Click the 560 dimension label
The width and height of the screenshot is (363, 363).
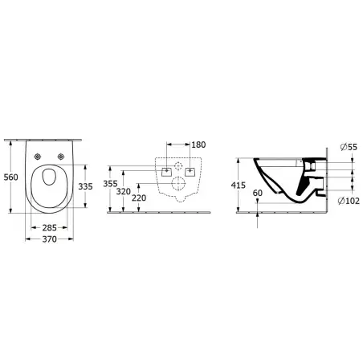pos(10,177)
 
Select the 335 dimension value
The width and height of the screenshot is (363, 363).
pos(85,186)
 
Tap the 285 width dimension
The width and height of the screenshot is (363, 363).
pos(50,228)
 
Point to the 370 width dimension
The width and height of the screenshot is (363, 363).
pos(50,239)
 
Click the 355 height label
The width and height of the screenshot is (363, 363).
pos(110,184)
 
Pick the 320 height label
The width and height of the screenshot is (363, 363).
pos(124,191)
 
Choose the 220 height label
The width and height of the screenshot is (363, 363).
pos(139,198)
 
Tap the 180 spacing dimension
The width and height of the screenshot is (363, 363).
pos(198,145)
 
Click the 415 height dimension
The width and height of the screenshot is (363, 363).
pos(239,185)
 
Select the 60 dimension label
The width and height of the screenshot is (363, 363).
pos(258,193)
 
